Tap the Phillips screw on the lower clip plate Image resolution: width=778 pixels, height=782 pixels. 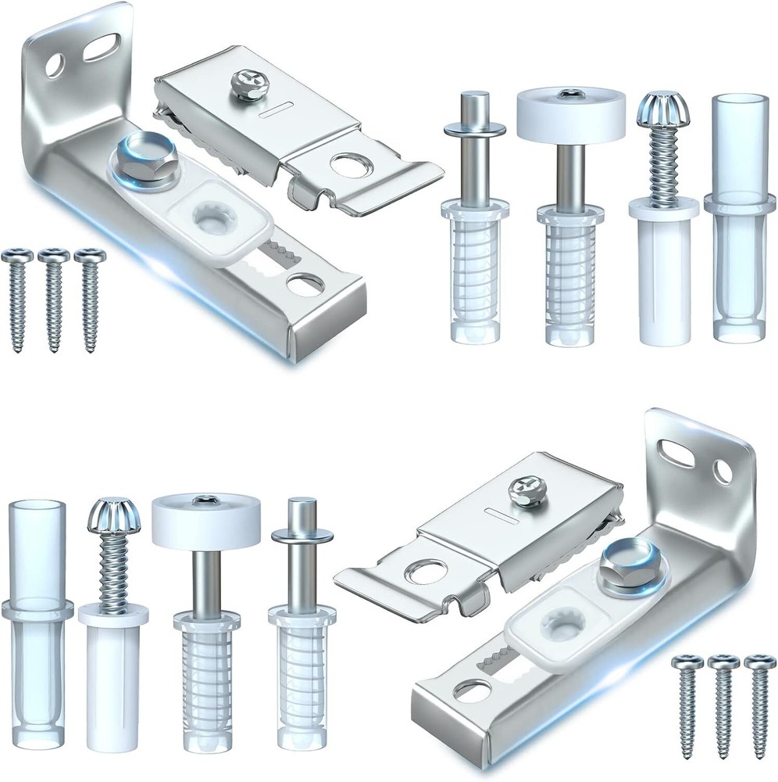[x=523, y=493]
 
